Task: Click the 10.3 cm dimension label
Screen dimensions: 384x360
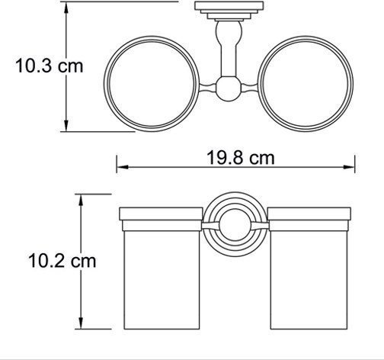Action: coord(50,66)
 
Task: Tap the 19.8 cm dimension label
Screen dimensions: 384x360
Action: coord(241,158)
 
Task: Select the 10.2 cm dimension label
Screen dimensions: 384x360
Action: coord(62,261)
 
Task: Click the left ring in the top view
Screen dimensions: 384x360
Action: coord(104,84)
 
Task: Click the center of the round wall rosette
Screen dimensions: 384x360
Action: coord(235,224)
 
